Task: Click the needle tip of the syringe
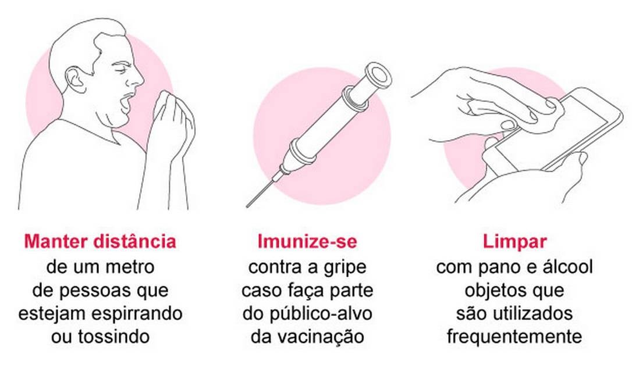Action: point(247,206)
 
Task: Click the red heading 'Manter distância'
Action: point(100,241)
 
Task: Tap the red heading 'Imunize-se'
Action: point(307,241)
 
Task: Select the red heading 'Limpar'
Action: point(514,242)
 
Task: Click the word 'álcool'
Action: point(567,267)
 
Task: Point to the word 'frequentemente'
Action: point(514,337)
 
